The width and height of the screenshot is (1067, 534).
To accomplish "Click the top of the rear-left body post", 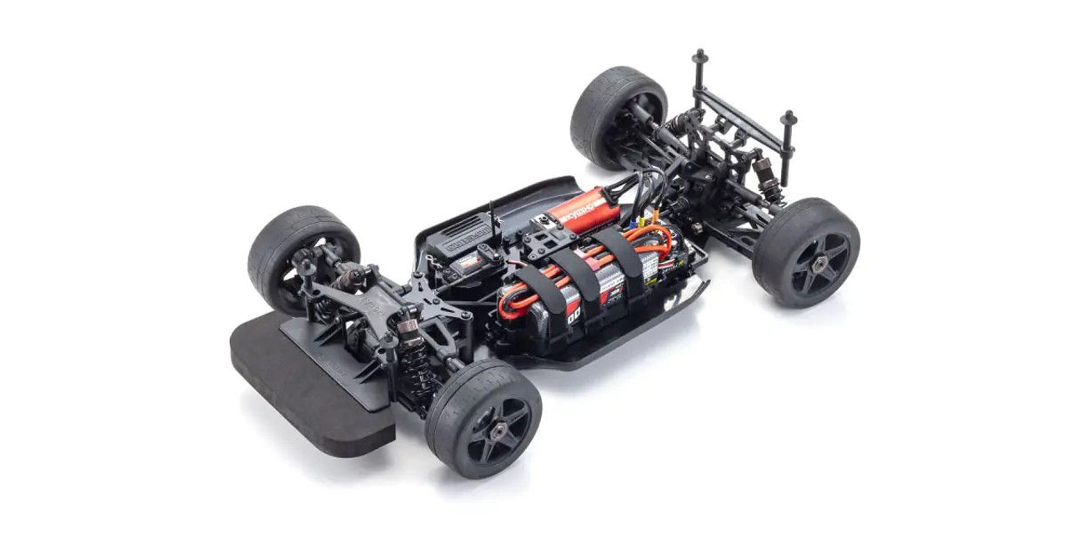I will [x=699, y=57].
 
